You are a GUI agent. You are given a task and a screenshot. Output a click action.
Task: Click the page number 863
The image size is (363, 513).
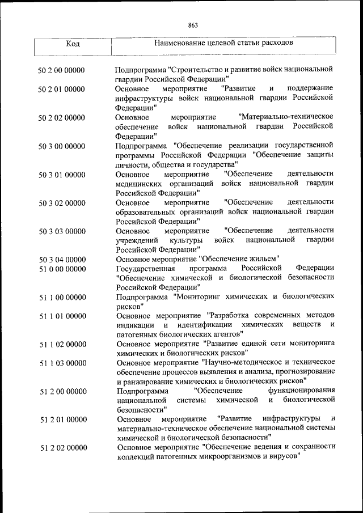pyautogui.click(x=192, y=25)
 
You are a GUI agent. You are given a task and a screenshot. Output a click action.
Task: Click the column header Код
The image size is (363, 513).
pyautogui.click(x=73, y=44)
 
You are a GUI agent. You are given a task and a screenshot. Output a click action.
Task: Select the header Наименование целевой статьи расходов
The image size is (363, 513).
pyautogui.click(x=224, y=43)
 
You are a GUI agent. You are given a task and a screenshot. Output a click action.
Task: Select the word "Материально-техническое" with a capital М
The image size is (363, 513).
pyautogui.click(x=286, y=117)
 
